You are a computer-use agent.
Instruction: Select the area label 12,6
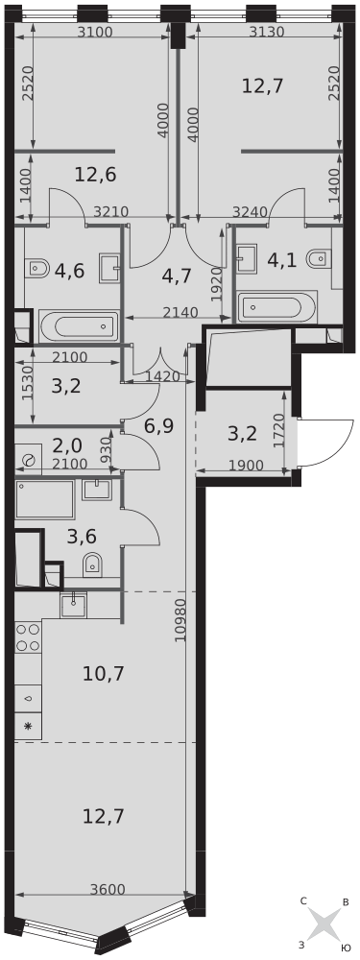[95, 174]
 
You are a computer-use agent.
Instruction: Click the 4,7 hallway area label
[177, 277]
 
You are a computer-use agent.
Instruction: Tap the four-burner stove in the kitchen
[28, 636]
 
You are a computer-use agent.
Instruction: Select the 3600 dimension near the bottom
[107, 890]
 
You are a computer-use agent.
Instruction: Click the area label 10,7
[104, 672]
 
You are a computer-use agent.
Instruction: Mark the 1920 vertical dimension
[216, 283]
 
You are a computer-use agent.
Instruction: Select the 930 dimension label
[107, 446]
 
